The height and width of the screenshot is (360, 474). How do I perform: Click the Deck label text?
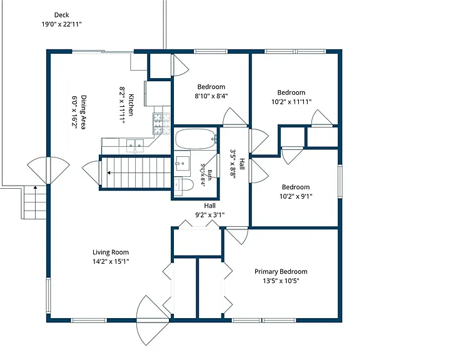pyautogui.click(x=62, y=15)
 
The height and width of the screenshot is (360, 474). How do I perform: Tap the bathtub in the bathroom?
pyautogui.click(x=196, y=139)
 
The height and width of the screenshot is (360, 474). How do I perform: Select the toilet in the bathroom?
pyautogui.click(x=184, y=184)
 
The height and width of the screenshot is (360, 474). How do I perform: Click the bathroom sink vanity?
pyautogui.click(x=183, y=166)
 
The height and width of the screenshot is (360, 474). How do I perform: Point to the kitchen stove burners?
pyautogui.click(x=158, y=124)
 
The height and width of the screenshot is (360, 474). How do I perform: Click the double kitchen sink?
pyautogui.click(x=135, y=144)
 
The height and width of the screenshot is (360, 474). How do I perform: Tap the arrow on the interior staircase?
pyautogui.click(x=139, y=173)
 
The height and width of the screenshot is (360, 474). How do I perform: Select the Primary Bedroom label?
pyautogui.click(x=281, y=271)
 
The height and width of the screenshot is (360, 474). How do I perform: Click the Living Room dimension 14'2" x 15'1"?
pyautogui.click(x=111, y=261)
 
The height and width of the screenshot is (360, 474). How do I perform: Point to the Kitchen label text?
pyautogui.click(x=131, y=105)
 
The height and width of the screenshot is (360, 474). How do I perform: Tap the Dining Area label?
pyautogui.click(x=83, y=112)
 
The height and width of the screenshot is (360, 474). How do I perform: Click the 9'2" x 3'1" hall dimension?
pyautogui.click(x=209, y=215)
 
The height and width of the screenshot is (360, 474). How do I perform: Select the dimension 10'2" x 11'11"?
pyautogui.click(x=291, y=102)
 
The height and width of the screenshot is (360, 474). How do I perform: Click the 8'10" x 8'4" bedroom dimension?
pyautogui.click(x=211, y=96)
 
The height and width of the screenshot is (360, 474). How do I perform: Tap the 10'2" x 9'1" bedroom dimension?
pyautogui.click(x=296, y=196)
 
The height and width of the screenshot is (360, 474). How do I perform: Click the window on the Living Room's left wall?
pyautogui.click(x=48, y=296)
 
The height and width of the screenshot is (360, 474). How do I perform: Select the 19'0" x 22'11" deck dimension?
pyautogui.click(x=62, y=24)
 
